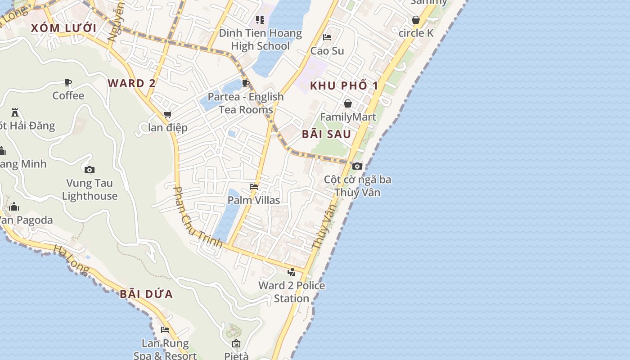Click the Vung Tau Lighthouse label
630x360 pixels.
[x=90, y=189]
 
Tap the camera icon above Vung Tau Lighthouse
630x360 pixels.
[x=90, y=170]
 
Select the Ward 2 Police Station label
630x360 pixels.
[x=292, y=292]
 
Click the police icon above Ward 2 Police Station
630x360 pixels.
[x=292, y=272]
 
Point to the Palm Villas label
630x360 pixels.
[x=254, y=200]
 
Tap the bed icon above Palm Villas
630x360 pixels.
[x=254, y=186]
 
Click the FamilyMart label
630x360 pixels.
[x=348, y=117]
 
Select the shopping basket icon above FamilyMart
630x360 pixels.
[x=348, y=103]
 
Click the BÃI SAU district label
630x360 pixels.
[x=326, y=134]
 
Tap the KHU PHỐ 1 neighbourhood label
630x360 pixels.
[x=344, y=85]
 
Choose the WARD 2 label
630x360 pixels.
[x=132, y=83]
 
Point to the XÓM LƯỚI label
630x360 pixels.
[x=63, y=28]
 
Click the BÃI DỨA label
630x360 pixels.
[x=146, y=294]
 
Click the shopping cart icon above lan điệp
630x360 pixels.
[x=168, y=115]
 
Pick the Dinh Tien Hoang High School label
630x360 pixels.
[x=260, y=39]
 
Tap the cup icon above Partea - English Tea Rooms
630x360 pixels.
[x=246, y=83]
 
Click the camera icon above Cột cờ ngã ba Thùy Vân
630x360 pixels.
[x=357, y=166]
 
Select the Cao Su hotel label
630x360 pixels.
[x=327, y=51]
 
